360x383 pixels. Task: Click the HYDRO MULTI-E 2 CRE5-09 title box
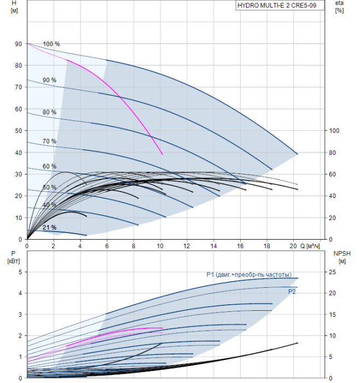coord(280,6)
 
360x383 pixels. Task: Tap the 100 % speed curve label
coord(51,44)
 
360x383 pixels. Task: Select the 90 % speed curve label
coord(50,80)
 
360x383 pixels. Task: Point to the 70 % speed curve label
coord(50,141)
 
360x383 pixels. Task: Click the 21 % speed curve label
coord(50,227)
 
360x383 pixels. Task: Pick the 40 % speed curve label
coord(50,205)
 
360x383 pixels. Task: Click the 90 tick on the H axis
coord(18,44)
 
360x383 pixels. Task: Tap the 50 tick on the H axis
coord(18,131)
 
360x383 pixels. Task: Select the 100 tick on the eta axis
coord(333,131)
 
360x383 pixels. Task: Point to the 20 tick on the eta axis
coord(332,218)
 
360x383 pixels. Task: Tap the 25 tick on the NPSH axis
coord(332,272)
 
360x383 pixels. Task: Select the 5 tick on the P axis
coord(20,272)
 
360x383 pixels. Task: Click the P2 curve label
coord(292,292)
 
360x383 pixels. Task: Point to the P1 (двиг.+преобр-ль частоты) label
coord(248,275)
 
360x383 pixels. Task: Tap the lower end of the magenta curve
coord(162,154)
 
